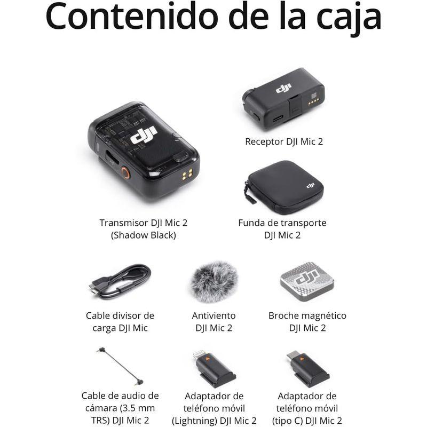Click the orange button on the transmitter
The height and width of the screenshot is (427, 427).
coord(125,172)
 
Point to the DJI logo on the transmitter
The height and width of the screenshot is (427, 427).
coord(144,136)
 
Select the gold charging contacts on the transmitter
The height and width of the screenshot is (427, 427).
coord(187,175)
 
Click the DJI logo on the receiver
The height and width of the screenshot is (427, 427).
coord(283,88)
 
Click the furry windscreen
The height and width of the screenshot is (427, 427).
coord(214,281)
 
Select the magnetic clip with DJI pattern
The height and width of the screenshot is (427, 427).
coord(307,280)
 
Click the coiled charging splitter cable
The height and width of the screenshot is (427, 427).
coord(120,281)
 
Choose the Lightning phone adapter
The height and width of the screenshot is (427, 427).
coord(214,368)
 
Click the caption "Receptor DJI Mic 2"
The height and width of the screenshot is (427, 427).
coord(284,141)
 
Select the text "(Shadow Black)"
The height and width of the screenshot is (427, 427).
coord(143,235)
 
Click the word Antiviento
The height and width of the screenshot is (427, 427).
coord(213,315)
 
